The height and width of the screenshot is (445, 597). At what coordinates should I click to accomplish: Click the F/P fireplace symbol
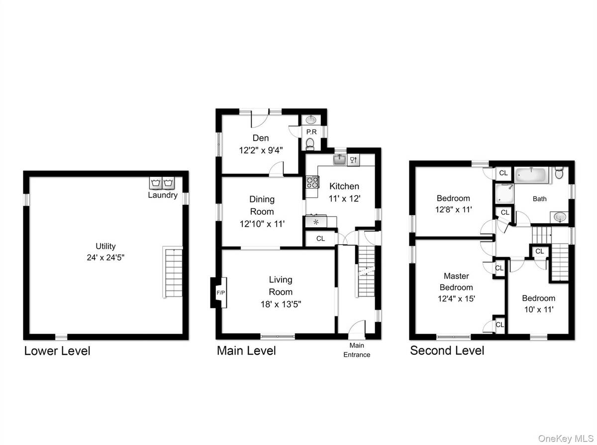click(219, 293)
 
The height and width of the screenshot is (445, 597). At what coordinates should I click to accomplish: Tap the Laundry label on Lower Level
click(162, 195)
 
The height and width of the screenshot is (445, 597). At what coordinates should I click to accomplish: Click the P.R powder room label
click(311, 132)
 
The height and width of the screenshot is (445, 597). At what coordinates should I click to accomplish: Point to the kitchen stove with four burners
click(312, 182)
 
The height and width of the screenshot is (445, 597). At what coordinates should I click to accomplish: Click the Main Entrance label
click(356, 350)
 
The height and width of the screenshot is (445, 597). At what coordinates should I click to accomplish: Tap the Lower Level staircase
click(172, 272)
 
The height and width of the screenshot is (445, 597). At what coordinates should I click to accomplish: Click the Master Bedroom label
click(458, 281)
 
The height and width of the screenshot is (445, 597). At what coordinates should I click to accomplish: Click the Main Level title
click(246, 351)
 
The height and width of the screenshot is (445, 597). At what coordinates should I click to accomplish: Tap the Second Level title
click(446, 351)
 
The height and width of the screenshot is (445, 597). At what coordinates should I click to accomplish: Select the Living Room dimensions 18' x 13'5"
click(281, 303)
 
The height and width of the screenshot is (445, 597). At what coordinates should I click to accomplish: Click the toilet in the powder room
click(310, 144)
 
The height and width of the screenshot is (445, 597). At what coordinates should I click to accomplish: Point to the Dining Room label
click(262, 204)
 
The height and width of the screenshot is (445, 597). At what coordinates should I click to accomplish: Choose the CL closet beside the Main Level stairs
click(320, 239)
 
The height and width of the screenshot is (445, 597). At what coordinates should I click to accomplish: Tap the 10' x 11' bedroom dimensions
click(538, 309)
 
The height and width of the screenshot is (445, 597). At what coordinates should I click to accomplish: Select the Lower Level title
click(57, 351)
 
